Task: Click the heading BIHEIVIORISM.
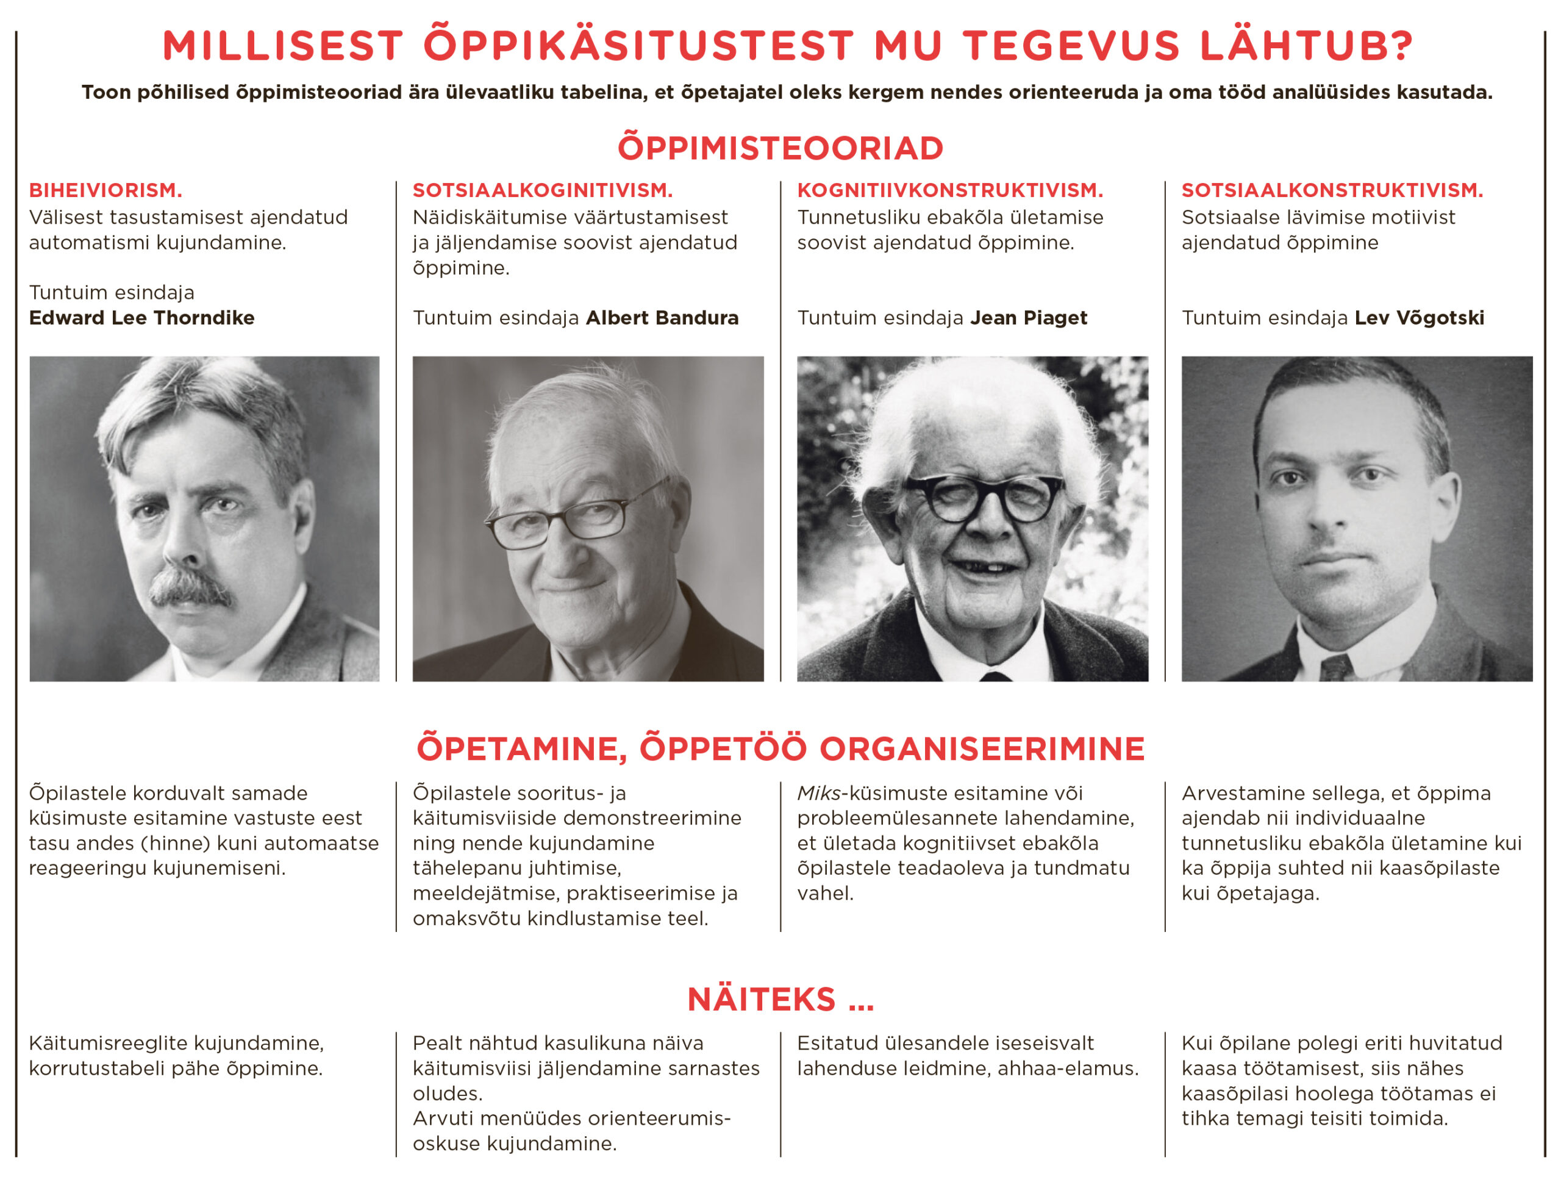point(105,190)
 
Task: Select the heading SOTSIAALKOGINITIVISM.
point(542,190)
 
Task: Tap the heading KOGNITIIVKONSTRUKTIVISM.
point(950,190)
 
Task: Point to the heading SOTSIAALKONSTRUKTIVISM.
point(1332,190)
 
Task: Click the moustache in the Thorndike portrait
point(190,587)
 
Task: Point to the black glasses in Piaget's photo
point(982,498)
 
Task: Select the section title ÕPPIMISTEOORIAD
point(780,148)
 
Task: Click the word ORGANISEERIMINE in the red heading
point(982,749)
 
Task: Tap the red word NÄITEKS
point(761,1000)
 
